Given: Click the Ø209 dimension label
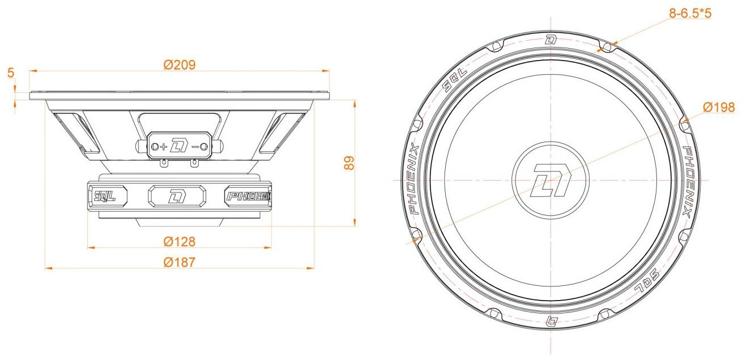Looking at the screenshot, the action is click(180, 65).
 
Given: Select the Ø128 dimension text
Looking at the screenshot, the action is click(180, 242).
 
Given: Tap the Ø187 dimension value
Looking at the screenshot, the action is click(180, 263).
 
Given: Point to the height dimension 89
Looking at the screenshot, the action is click(349, 163).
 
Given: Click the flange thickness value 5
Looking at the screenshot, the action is click(11, 72).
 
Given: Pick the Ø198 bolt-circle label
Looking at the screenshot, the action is click(718, 107).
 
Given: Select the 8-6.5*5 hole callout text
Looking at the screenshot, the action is click(690, 14).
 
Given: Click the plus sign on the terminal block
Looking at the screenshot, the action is click(164, 147).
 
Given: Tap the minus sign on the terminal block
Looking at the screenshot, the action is click(195, 147).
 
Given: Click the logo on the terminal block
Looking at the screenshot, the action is click(179, 146).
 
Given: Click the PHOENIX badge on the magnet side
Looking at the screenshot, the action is click(249, 196).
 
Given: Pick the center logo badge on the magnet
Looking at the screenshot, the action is click(177, 196).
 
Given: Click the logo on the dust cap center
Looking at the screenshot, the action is click(551, 181).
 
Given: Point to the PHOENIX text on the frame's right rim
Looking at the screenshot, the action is click(688, 182).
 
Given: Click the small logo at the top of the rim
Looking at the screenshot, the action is click(551, 41).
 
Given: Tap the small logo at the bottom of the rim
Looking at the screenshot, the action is click(551, 320).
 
